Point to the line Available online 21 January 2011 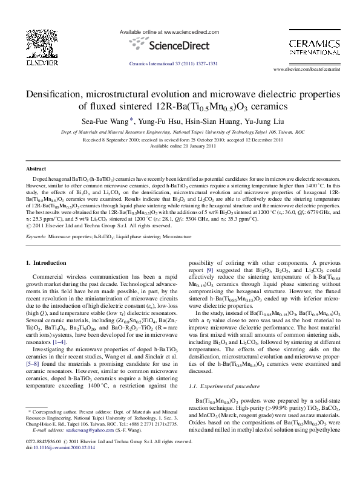180,146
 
